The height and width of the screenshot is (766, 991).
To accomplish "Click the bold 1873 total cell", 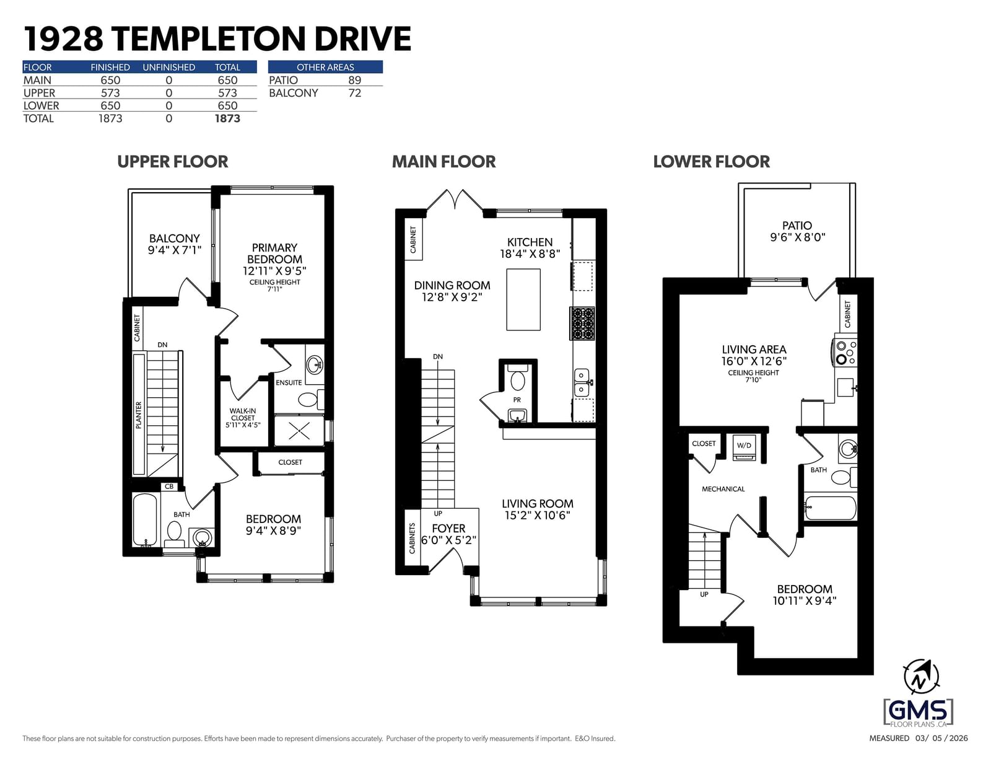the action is coord(227,118).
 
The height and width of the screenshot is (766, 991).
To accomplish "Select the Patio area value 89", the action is coord(354,81).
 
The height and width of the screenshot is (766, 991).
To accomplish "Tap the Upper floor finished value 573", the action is coord(110,93).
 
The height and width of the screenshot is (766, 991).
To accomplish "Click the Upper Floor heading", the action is coord(172,162).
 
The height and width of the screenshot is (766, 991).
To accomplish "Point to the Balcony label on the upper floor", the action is coord(174,238).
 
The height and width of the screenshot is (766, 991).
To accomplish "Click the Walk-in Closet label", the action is coord(243,414).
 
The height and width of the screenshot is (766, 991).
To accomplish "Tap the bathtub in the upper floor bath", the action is coord(146,519).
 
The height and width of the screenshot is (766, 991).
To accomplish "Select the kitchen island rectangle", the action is coord(523,299).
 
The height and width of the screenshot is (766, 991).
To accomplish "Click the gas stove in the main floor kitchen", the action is coord(582,324).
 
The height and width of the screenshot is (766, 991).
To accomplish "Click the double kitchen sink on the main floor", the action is coord(582,382).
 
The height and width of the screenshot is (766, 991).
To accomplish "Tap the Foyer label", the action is coord(448,528).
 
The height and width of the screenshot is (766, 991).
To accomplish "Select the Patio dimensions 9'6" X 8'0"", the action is coord(798,237).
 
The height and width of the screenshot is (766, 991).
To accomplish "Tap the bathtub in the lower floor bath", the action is coord(831,508).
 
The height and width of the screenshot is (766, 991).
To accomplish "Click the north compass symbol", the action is coord(921,679).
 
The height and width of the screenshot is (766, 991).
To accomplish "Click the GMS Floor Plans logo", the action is coord(918,713).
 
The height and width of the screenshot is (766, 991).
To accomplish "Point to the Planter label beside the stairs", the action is coord(139,415).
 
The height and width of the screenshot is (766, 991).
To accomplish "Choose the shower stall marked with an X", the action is coord(299,430).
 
